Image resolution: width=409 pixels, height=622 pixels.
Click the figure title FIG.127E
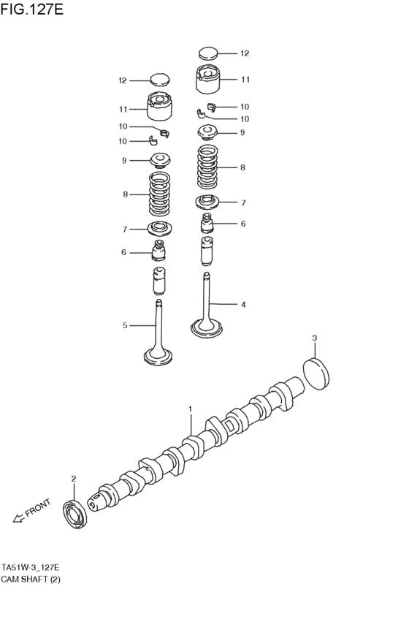click(31, 11)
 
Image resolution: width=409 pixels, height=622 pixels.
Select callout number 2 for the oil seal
click(74, 479)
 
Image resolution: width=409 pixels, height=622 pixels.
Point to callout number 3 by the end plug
click(315, 338)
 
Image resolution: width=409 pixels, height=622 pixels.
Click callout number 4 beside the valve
click(243, 303)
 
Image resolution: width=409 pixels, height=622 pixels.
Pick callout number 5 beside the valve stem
click(125, 325)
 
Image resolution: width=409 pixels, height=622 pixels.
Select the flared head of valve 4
click(208, 327)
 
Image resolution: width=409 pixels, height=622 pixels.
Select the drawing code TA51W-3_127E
click(35, 567)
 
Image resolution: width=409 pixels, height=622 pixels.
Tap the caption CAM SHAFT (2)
click(34, 579)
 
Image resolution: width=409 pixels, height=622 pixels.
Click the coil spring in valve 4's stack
click(210, 167)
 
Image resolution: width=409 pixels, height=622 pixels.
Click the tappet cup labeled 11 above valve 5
click(160, 108)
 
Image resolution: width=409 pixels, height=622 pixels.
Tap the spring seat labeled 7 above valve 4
click(209, 202)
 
